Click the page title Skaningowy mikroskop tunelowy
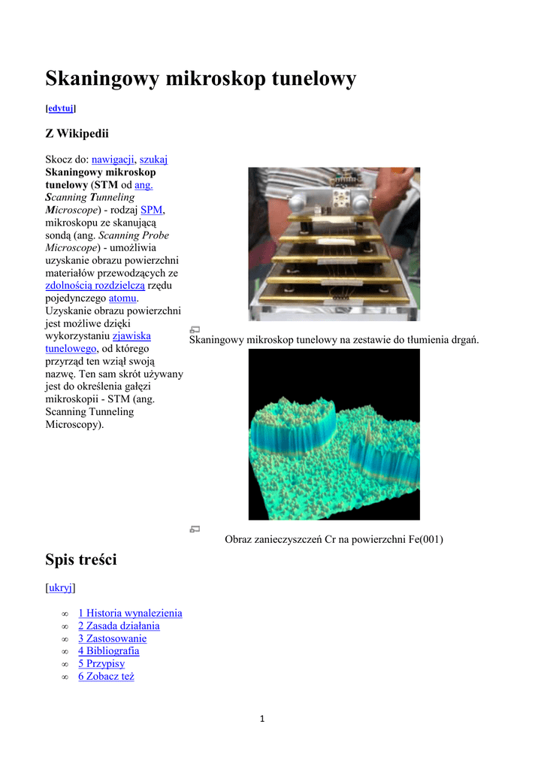click(201, 78)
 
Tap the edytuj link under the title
click(61, 108)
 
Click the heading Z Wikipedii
click(77, 134)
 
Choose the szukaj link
click(154, 159)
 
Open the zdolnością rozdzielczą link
click(95, 286)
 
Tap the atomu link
click(122, 299)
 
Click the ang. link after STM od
click(144, 184)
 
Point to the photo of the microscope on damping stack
click(334, 244)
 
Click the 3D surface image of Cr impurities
click(334, 435)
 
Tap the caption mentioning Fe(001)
click(334, 538)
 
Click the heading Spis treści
click(81, 559)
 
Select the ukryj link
click(61, 587)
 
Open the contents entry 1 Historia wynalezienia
click(130, 613)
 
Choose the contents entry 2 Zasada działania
click(119, 626)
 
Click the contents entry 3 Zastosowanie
click(112, 638)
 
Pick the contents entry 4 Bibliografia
click(108, 651)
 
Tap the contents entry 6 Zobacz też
click(106, 677)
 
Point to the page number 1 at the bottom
click(261, 719)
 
